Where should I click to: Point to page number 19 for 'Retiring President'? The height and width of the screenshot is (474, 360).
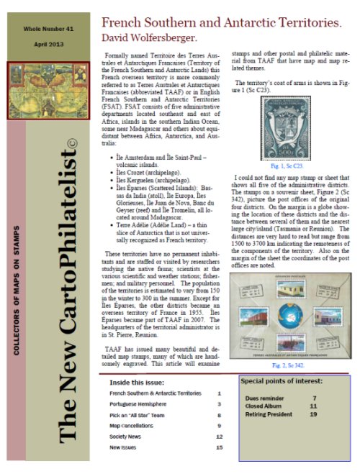[x=313, y=414]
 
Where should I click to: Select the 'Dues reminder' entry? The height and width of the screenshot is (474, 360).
[x=264, y=398]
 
